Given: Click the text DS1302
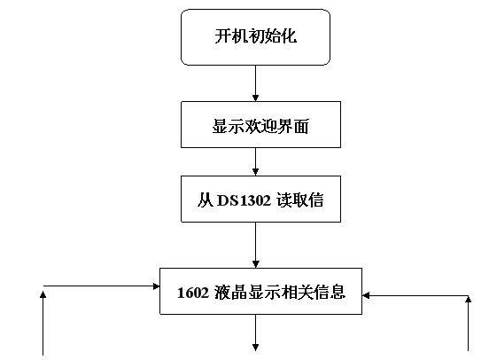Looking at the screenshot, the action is coord(244,200).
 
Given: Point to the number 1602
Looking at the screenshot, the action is coord(193,293).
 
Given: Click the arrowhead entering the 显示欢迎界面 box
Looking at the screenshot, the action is coord(255,98).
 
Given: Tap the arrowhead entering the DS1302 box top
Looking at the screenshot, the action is coord(255,172).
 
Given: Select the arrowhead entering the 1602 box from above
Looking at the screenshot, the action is coord(255,264).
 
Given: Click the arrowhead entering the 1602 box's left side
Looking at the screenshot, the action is coord(156,286).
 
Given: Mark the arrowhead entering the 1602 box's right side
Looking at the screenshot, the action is coord(366,295).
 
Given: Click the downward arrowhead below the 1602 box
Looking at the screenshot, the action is coord(255,348).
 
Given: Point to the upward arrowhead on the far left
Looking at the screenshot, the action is coord(43,294).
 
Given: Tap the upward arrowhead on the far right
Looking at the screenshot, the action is coord(468,300).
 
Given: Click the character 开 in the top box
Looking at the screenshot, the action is coord(223,36).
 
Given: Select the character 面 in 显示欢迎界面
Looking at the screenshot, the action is coord(301,127).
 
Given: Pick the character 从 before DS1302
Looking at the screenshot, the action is coord(206,200).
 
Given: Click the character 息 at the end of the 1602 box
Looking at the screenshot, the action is coord(338,293).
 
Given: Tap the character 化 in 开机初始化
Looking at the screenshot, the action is coord(289,36).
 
